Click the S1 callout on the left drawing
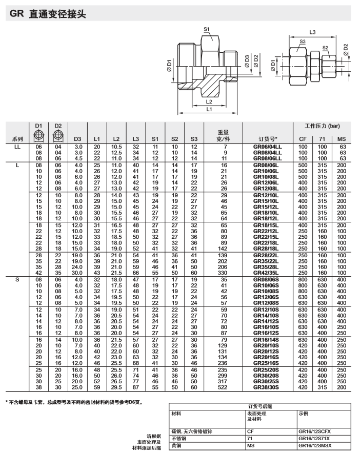207,30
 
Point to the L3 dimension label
312,32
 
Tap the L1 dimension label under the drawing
209,109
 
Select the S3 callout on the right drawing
303,42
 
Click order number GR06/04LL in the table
268,147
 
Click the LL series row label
17,147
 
